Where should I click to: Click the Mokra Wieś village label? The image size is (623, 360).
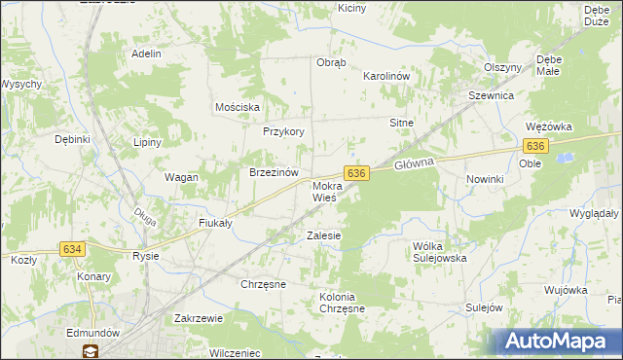point(324,191)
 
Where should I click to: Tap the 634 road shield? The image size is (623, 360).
point(72,249)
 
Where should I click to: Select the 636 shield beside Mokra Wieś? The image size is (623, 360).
point(357,172)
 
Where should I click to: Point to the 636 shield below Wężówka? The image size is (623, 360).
point(535,145)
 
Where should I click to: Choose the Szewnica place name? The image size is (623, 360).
point(491,96)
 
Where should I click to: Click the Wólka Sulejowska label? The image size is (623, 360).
point(440,252)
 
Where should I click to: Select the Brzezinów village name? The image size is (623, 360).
point(273,172)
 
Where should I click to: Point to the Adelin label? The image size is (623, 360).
point(146,54)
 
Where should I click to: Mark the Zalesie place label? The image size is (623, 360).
point(324,235)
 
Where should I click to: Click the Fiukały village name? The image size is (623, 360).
point(214,223)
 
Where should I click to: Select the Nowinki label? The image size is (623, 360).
point(484,179)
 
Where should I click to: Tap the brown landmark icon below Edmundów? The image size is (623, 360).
point(90,351)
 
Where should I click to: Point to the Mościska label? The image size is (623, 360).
point(237,106)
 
